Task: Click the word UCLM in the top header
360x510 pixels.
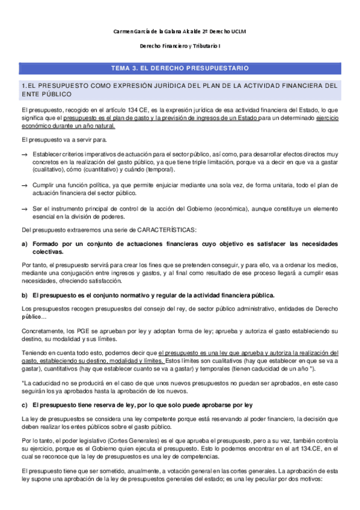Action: coord(240,31)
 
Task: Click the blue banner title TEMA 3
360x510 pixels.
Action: coord(180,69)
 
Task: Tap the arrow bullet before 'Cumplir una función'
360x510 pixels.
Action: coord(24,185)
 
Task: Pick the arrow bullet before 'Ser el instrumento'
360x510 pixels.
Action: coord(24,207)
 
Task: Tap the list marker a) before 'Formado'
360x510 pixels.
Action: coord(24,244)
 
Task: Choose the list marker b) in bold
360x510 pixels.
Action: coord(24,295)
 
